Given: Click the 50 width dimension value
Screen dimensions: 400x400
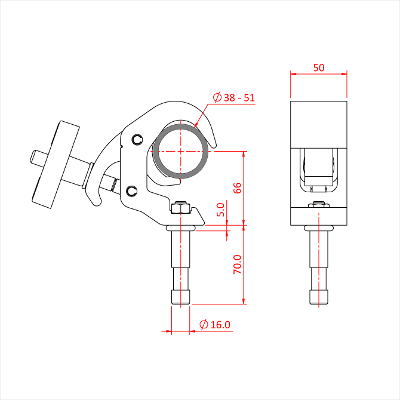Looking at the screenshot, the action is [x=319, y=67].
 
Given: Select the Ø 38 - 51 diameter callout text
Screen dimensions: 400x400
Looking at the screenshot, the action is [x=234, y=97].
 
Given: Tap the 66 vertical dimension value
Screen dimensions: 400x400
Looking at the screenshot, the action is [x=237, y=188].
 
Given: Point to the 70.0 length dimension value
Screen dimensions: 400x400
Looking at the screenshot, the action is [x=237, y=264].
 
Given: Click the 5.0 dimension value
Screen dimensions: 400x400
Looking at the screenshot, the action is [x=220, y=210].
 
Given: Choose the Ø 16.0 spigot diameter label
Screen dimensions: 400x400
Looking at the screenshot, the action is [x=215, y=325].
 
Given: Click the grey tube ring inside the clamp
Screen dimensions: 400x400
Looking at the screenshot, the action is [x=181, y=127].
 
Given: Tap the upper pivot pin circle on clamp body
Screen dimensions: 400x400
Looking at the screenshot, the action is [x=138, y=140].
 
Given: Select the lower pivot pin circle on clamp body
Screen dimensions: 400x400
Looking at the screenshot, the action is [x=132, y=191].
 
